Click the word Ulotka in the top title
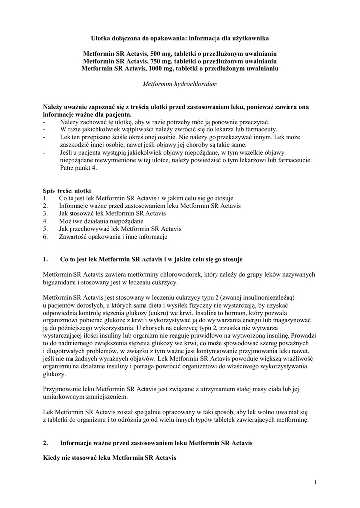102,37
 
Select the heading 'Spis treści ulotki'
67,190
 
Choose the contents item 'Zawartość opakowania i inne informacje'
113,237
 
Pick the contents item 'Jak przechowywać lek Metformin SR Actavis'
120,229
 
